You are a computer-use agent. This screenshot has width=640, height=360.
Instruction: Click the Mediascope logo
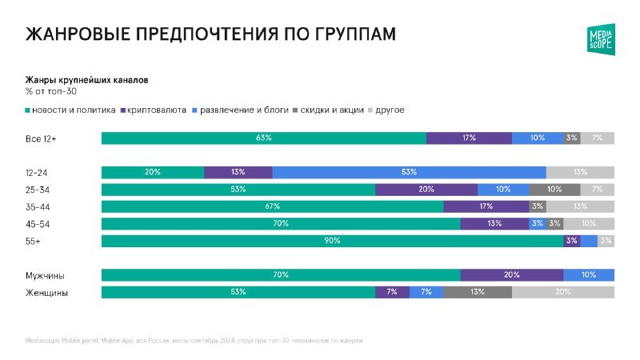pyautogui.click(x=601, y=39)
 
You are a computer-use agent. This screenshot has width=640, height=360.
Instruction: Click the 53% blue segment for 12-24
pyautogui.click(x=409, y=172)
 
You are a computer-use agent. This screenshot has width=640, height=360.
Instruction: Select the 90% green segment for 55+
pyautogui.click(x=332, y=241)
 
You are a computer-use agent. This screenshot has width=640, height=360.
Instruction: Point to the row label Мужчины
pyautogui.click(x=46, y=275)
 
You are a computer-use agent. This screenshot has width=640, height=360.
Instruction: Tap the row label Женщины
pyautogui.click(x=46, y=293)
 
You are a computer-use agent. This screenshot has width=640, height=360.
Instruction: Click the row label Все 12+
pyautogui.click(x=41, y=138)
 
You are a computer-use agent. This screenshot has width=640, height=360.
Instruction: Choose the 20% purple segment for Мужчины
pyautogui.click(x=511, y=275)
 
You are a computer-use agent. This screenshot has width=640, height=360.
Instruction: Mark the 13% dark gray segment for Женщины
pyautogui.click(x=478, y=293)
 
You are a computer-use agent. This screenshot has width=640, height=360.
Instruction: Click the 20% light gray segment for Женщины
pyautogui.click(x=563, y=293)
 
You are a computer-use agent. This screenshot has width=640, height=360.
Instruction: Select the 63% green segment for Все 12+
pyautogui.click(x=263, y=138)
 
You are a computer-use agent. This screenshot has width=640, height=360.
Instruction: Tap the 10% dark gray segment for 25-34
pyautogui.click(x=554, y=190)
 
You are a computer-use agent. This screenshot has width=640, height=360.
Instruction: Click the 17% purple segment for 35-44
pyautogui.click(x=486, y=206)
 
